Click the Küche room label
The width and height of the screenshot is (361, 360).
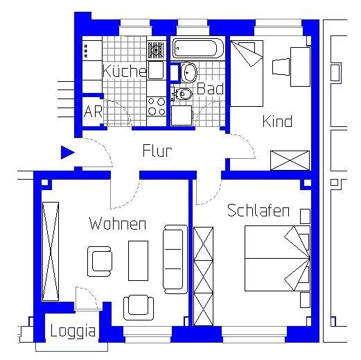pos(124,71)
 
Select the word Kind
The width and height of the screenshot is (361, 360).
pos(276,121)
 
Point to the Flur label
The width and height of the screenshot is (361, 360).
pos(157,151)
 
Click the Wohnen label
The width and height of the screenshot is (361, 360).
pos(117,224)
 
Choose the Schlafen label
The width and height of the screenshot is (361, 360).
pos(258,211)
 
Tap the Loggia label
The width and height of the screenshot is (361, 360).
pos(73,332)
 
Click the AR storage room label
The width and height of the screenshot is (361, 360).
pos(93,112)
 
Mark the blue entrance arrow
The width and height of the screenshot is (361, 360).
pos(67,153)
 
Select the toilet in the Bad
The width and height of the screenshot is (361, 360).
pos(184,93)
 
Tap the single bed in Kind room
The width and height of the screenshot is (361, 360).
pos(246,72)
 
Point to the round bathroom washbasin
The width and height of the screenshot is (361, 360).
pos(188,71)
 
